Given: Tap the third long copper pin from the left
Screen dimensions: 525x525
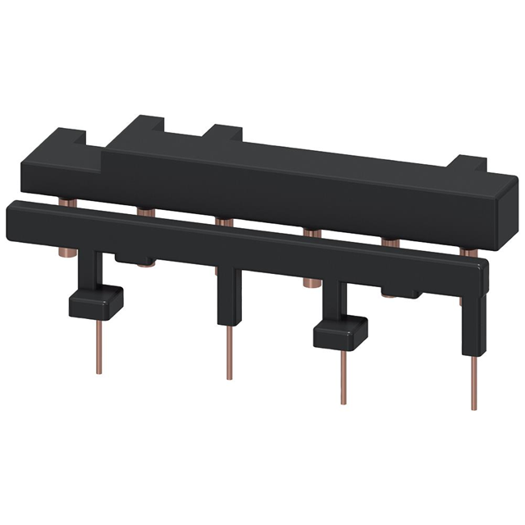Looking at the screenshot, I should pos(342,377).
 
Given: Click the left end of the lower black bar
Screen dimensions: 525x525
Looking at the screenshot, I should pos(11,217).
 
